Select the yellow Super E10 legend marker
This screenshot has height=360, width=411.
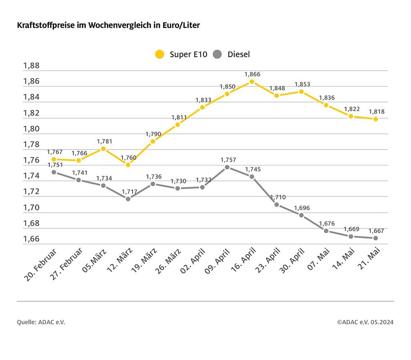[x=159, y=54]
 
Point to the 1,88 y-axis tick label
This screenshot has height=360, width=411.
[x=31, y=66]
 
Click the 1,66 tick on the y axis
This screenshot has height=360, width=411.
[x=31, y=239]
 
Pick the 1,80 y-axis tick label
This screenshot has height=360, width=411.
[x=31, y=129]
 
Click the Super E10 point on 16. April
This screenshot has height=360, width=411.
[x=252, y=82]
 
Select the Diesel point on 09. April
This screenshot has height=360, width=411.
[x=227, y=167]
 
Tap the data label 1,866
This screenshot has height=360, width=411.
[x=252, y=74]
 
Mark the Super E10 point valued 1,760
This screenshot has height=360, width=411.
[x=128, y=165]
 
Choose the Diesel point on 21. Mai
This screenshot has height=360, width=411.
[x=376, y=238]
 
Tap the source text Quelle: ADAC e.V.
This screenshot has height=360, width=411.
[x=41, y=322]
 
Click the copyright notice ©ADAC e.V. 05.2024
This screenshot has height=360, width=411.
[x=365, y=322]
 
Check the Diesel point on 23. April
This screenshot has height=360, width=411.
[x=276, y=204]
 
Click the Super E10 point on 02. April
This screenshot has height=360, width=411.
[x=202, y=107]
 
